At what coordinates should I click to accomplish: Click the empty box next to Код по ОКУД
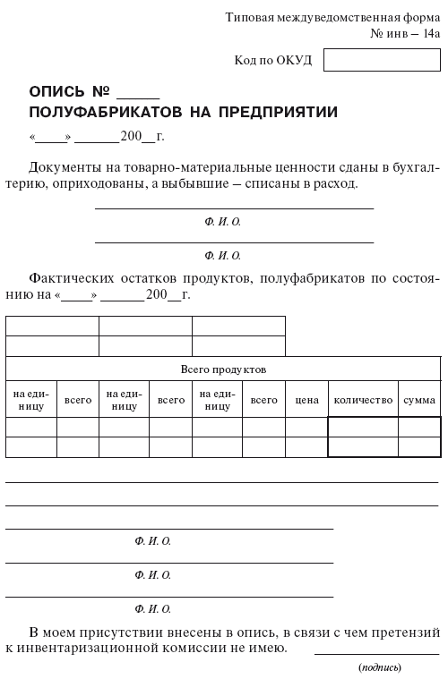coord(382,60)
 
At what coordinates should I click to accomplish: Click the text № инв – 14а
coord(405,34)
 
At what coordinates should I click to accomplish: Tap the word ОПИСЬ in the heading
coord(59,92)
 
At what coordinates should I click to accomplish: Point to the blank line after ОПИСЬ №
coord(138,94)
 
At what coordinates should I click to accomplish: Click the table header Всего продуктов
coord(223,369)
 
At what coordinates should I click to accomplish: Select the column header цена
coord(306,400)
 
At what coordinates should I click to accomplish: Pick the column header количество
coord(363,400)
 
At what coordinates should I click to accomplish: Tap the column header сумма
coord(419,400)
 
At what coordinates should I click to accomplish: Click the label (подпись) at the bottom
coord(379,667)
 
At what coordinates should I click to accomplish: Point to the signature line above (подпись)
coord(376,652)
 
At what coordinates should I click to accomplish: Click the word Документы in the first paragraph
coord(65,166)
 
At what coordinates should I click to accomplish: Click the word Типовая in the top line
coord(252,17)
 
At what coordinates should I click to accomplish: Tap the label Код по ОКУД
coord(272,60)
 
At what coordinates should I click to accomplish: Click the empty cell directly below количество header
coord(363,427)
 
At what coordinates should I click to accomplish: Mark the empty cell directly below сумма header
coord(419,427)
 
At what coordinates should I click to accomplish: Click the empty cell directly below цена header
coord(306,427)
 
